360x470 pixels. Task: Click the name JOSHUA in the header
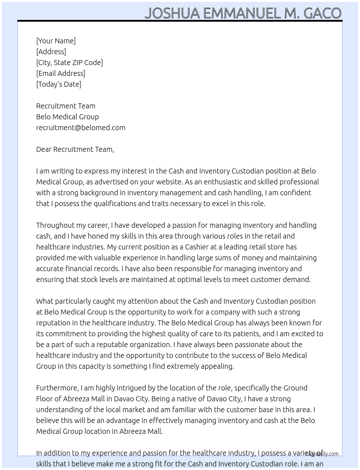(172, 13)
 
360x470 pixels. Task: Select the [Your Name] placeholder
(56, 41)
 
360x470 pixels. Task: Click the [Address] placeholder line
(51, 52)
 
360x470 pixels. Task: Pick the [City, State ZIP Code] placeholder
(69, 63)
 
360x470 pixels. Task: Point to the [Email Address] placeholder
(61, 73)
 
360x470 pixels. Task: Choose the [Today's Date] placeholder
(59, 84)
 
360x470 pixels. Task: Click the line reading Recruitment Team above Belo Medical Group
(66, 106)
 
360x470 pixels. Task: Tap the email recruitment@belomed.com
(81, 128)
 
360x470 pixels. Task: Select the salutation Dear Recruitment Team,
(75, 149)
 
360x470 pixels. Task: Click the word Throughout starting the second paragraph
(55, 225)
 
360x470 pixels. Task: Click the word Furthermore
(57, 388)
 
